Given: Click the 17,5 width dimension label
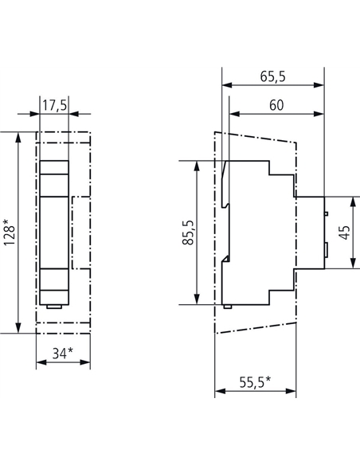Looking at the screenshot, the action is pyautogui.click(x=55, y=105).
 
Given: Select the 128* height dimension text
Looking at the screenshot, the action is pyautogui.click(x=10, y=232).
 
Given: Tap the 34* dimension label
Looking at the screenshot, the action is pyautogui.click(x=63, y=353).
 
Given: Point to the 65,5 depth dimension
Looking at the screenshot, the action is pyautogui.click(x=273, y=76).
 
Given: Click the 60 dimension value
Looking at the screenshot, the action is pyautogui.click(x=276, y=105).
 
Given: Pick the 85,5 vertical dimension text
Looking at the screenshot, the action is pyautogui.click(x=188, y=232).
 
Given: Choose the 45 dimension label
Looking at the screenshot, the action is pyautogui.click(x=345, y=232).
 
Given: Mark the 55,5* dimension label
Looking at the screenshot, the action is pyautogui.click(x=255, y=382).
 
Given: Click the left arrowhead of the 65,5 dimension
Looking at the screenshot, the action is pyautogui.click(x=227, y=85).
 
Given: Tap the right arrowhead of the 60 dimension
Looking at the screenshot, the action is pyautogui.click(x=319, y=114).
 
